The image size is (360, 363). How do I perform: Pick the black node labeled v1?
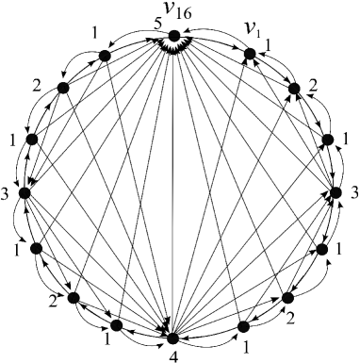[x=250, y=55]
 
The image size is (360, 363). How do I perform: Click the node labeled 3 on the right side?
[x=335, y=193]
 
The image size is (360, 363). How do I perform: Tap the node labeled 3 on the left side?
[x=25, y=193]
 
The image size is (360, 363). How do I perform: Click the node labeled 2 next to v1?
[x=295, y=90]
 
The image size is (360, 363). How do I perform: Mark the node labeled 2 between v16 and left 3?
[x=62, y=88]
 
